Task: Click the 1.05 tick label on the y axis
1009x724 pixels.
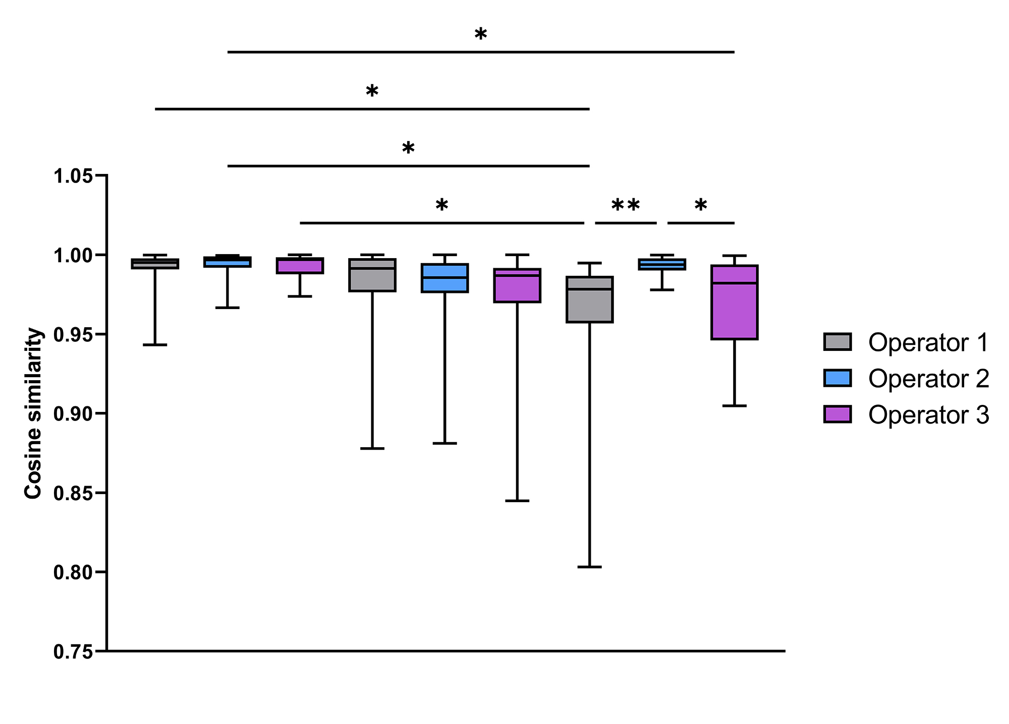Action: coord(73,176)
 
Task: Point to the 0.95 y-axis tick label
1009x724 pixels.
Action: coord(73,335)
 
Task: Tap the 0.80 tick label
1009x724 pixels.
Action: coord(73,573)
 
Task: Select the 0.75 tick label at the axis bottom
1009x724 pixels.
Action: coord(73,652)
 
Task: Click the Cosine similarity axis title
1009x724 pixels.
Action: coord(33,413)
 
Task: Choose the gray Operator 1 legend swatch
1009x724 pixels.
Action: coord(837,342)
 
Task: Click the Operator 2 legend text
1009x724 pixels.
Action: coord(928,379)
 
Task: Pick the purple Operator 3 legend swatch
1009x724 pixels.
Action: coord(837,414)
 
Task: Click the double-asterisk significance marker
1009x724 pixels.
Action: coord(626,206)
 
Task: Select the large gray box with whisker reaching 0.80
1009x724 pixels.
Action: coord(589,299)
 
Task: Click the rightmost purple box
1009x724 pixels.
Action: coord(734,303)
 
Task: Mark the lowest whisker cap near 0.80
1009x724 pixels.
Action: coord(589,567)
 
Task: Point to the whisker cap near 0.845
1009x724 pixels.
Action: coord(517,501)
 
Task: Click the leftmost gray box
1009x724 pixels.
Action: coord(155,264)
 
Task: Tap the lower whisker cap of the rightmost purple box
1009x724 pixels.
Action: coord(734,405)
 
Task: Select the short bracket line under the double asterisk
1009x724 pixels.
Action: coord(626,223)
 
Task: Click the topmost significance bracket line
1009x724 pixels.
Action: coord(481,52)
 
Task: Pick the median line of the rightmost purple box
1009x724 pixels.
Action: coord(734,283)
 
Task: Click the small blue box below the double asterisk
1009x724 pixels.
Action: coord(661,264)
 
